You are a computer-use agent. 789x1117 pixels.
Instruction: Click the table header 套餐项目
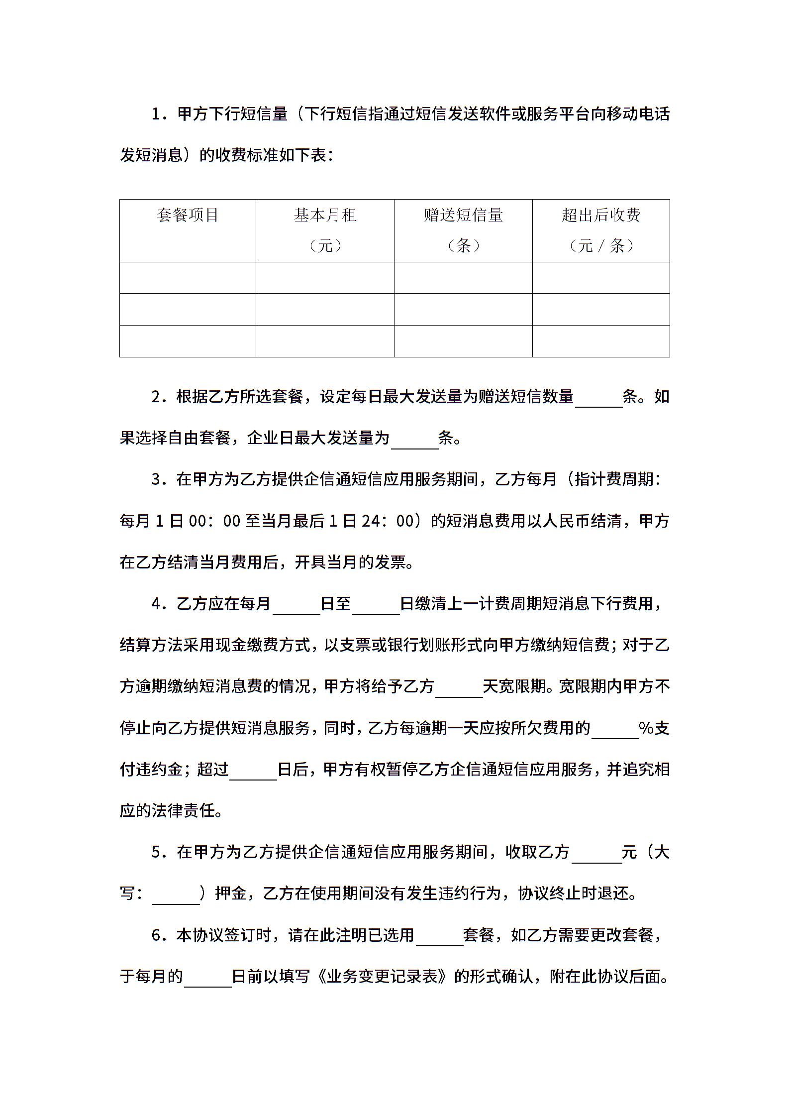pyautogui.click(x=188, y=215)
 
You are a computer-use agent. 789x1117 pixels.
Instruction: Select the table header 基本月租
pyautogui.click(x=325, y=215)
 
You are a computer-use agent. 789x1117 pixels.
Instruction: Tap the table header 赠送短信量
pyautogui.click(x=463, y=215)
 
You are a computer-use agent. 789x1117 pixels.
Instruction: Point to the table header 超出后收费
pyautogui.click(x=601, y=215)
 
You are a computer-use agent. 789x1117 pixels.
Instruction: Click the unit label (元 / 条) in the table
pyautogui.click(x=601, y=245)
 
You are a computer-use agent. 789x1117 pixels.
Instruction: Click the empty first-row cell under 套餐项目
pyautogui.click(x=188, y=278)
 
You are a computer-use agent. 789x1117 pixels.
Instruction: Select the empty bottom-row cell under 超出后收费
pyautogui.click(x=601, y=341)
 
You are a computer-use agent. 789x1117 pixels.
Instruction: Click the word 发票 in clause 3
pyautogui.click(x=391, y=562)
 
